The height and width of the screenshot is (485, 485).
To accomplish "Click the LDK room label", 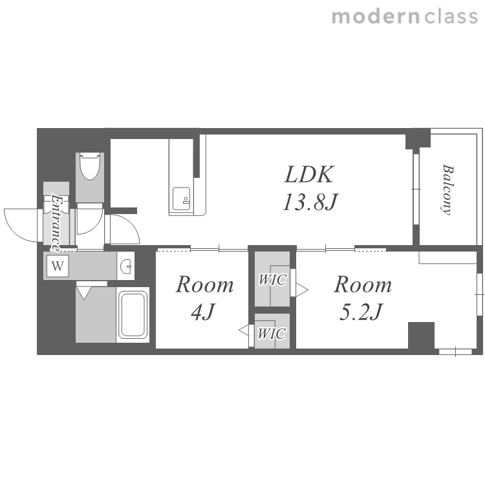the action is tap(309, 175).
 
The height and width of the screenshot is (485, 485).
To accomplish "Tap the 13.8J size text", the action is tap(310, 202).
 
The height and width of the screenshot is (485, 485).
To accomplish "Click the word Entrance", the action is tap(56, 222).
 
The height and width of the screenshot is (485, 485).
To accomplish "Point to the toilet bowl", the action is tap(90, 166).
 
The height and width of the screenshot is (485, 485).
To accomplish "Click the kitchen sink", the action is tap(181, 199).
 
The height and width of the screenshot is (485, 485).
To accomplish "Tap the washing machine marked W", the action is tap(58, 266).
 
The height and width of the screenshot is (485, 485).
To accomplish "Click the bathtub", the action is tap(133, 315).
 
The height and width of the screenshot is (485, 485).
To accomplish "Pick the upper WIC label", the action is tap(272, 279).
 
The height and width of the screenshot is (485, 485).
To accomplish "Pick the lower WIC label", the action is tap(272, 334).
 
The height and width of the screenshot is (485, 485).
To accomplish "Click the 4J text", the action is tap(202, 312).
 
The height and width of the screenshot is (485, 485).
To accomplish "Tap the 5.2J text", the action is tap(361, 312).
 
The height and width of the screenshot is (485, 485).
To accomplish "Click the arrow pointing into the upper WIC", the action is tap(302, 290).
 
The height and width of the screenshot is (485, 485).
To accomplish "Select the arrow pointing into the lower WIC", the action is tap(244, 330).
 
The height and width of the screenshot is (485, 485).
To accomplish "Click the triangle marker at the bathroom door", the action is tap(83, 293).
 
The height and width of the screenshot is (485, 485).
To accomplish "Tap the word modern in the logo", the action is tap(376, 17).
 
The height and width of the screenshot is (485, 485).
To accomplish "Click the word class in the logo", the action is tap(451, 17).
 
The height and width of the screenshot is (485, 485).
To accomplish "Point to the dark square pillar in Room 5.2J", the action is tap(421, 336).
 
